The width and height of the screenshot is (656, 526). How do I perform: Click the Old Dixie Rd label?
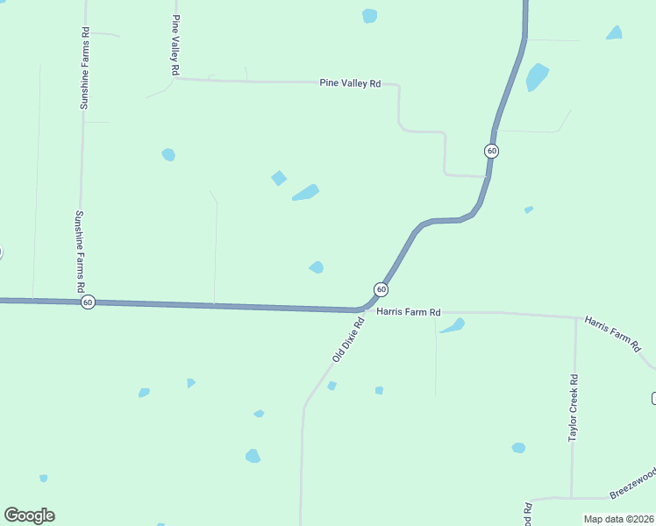[348, 340]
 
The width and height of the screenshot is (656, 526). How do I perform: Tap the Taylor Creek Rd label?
[574, 409]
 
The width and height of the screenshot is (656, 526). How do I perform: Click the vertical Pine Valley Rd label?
[176, 44]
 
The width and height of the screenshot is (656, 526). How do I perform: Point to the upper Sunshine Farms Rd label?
[85, 68]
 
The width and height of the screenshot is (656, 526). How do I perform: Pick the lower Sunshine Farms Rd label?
[80, 251]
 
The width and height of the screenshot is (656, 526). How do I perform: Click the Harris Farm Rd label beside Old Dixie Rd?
[408, 311]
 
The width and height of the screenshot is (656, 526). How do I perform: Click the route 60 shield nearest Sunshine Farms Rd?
[88, 302]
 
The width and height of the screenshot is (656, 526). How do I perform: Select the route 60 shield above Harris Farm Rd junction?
[381, 288]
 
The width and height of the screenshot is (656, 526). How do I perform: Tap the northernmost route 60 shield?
[491, 151]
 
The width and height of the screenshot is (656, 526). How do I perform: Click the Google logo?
[29, 515]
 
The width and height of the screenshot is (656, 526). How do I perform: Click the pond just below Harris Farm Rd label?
[453, 326]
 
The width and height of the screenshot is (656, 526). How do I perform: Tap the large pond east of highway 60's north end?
[537, 77]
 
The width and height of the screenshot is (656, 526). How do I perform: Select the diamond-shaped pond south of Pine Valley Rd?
[279, 178]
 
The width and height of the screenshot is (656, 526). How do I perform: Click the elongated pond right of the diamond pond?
[305, 192]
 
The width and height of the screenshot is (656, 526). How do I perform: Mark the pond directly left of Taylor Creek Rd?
[518, 448]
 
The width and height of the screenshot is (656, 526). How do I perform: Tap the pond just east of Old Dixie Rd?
[332, 386]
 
